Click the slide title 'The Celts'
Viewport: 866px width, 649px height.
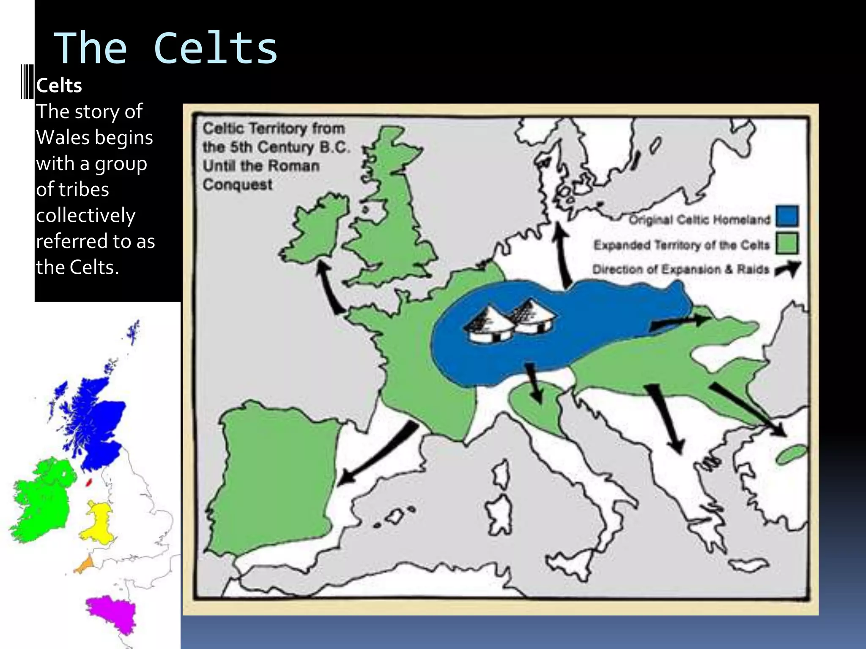[166, 49]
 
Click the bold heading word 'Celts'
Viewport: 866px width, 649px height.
[59, 86]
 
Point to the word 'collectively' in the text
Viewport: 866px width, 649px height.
[86, 215]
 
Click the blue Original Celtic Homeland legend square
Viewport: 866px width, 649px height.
[787, 216]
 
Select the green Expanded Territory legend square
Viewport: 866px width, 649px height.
[787, 243]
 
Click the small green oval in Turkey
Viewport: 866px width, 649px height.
[792, 455]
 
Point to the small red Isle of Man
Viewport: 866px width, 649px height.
[89, 482]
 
